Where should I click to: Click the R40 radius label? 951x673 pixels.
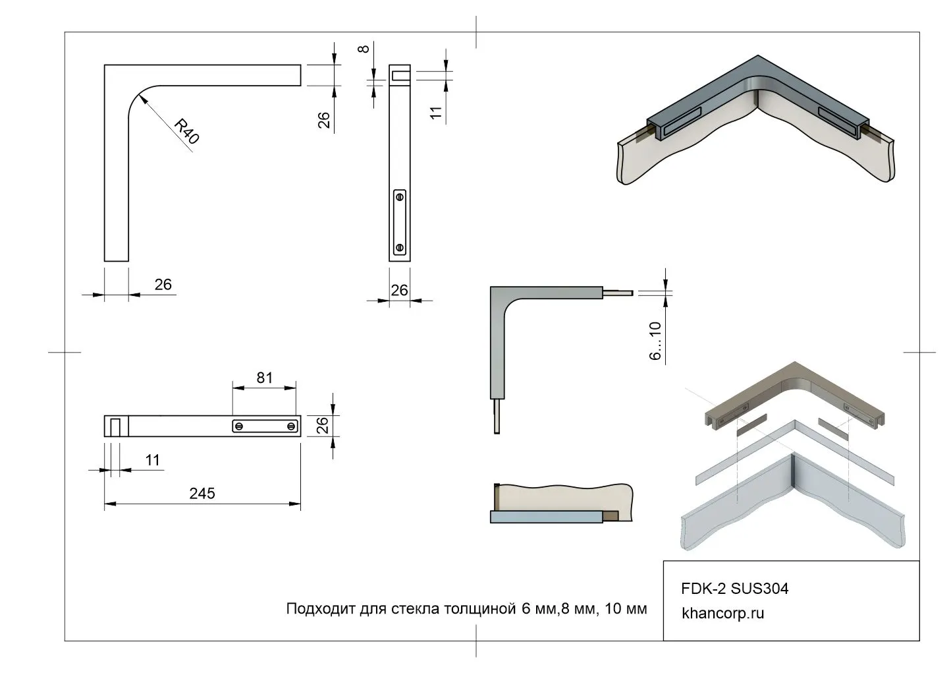point(186,131)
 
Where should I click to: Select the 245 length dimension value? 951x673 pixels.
point(202,494)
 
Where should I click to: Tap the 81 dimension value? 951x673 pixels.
point(264,378)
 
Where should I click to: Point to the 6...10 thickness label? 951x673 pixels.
point(655,341)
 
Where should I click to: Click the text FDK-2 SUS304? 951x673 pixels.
point(734,589)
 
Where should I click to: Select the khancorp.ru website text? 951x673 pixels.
point(723,613)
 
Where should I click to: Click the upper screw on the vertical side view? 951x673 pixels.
point(400,196)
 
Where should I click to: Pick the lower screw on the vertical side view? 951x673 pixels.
point(400,248)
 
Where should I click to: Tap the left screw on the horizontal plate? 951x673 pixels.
point(240,426)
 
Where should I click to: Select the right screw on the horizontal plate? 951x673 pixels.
point(291,426)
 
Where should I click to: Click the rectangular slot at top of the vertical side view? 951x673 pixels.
point(400,76)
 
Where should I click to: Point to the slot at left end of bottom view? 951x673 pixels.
point(115,426)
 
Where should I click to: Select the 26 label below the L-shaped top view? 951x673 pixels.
point(163,284)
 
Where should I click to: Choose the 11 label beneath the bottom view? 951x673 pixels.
point(153,460)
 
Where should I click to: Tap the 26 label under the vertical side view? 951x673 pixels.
point(399,290)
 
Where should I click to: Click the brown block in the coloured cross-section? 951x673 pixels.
point(612,516)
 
